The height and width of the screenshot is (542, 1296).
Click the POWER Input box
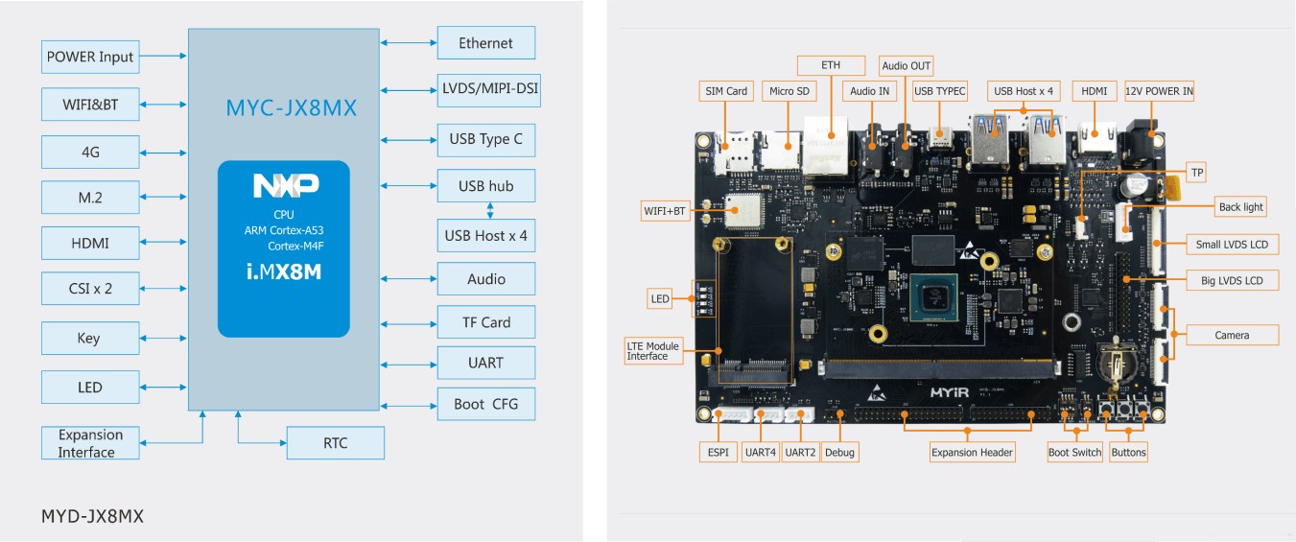tap(90, 57)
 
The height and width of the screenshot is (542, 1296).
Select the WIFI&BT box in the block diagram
tap(90, 105)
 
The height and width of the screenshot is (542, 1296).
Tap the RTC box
tap(336, 443)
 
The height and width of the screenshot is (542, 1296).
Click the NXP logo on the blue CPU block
tap(286, 185)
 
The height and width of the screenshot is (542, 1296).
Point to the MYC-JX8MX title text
tap(291, 108)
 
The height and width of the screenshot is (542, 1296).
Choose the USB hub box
tap(486, 186)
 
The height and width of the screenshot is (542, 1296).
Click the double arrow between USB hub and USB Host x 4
tap(490, 210)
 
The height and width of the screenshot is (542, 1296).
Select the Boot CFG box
tap(486, 404)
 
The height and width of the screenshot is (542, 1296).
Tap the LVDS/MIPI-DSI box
tap(489, 90)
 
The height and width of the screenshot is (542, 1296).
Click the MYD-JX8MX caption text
tap(92, 516)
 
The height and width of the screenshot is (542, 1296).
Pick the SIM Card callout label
tap(726, 91)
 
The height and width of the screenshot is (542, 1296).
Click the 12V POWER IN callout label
tap(1159, 91)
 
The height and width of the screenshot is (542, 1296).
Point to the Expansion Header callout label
tap(972, 453)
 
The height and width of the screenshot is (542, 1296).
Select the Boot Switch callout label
tap(1075, 453)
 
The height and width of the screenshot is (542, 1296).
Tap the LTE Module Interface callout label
tap(653, 350)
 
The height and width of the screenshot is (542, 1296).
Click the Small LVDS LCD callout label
tap(1232, 244)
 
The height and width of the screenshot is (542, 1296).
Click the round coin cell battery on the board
tap(1116, 363)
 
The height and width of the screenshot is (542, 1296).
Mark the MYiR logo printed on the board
tap(949, 392)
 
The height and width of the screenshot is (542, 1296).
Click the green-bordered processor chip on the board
tap(933, 298)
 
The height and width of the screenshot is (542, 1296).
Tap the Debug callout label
tap(839, 453)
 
